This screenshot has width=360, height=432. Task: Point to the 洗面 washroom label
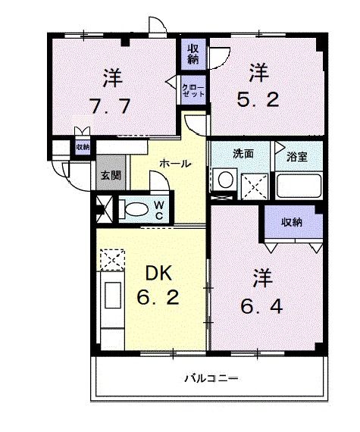[x=243, y=154]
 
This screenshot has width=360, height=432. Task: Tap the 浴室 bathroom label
[x=297, y=157]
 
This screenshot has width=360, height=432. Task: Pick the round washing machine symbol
[x=224, y=182]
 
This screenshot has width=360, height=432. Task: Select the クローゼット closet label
[x=191, y=91]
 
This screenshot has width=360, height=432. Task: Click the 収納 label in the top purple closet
[x=193, y=55]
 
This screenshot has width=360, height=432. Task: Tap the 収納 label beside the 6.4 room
[x=292, y=223]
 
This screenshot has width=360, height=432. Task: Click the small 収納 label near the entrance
[x=82, y=147]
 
